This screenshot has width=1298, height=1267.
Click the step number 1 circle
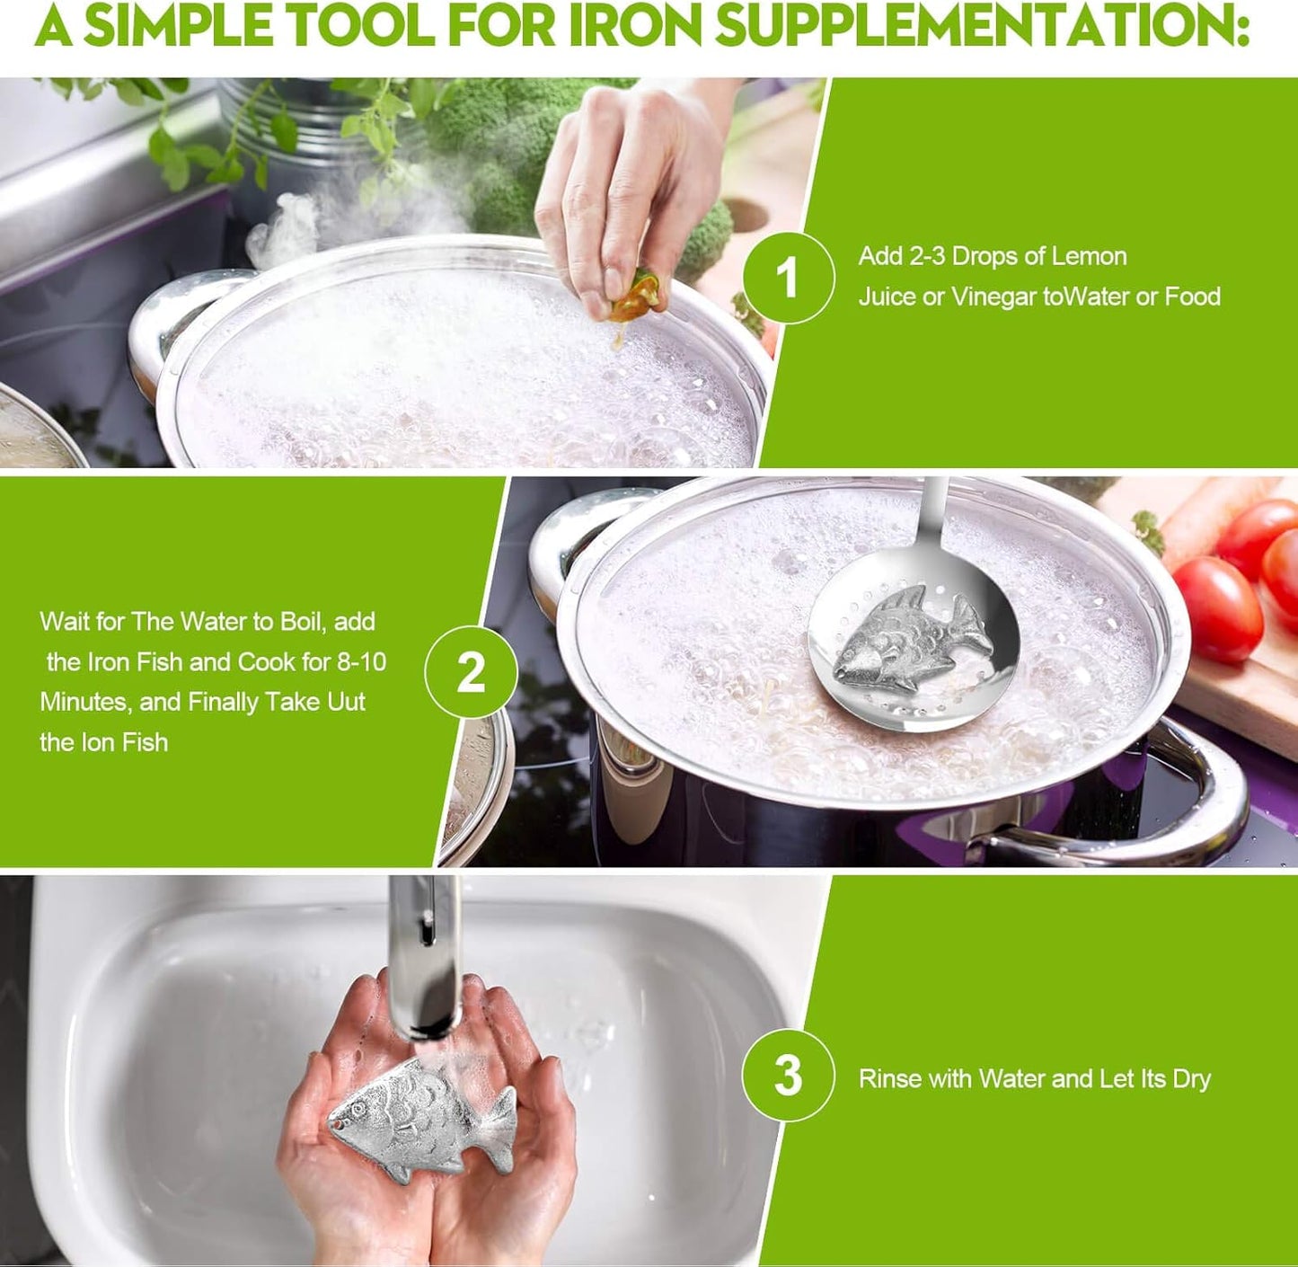pos(788,277)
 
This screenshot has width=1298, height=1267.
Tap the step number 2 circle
pos(471,671)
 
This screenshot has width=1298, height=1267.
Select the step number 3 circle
pos(788,1076)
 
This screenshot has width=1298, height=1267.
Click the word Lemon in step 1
pos(1089,256)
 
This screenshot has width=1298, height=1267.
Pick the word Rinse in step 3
pos(890,1078)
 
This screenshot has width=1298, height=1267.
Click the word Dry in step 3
pos(1191,1078)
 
